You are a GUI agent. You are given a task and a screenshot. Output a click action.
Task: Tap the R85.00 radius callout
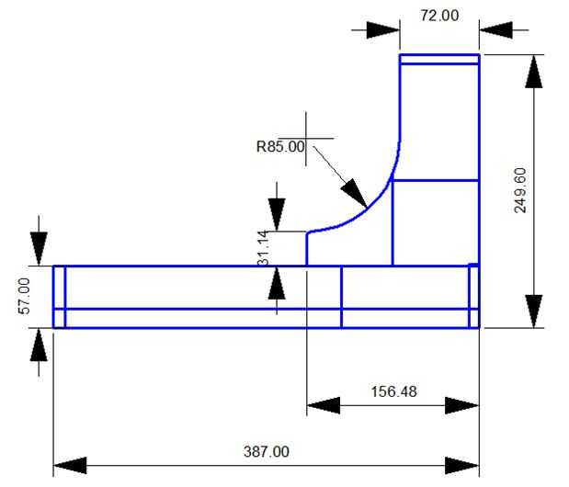279,145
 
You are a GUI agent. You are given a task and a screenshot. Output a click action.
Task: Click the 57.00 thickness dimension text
24,296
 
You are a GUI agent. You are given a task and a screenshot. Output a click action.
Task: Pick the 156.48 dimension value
393,391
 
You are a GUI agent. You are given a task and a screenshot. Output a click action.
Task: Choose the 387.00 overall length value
266,451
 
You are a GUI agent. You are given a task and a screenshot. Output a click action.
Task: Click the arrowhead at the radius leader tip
355,192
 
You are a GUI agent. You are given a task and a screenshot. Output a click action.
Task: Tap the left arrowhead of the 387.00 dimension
70,464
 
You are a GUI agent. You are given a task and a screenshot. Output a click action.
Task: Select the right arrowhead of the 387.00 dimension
462,464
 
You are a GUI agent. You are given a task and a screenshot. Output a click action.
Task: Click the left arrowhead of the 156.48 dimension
324,404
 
